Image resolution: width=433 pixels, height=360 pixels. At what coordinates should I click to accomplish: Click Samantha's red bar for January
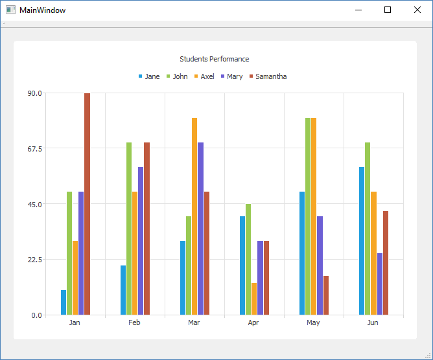tap(87, 204)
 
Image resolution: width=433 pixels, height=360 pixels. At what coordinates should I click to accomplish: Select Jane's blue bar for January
tap(64, 302)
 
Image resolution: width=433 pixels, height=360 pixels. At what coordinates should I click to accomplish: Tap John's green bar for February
tap(129, 229)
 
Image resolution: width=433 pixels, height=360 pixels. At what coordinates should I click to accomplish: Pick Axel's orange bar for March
tap(194, 216)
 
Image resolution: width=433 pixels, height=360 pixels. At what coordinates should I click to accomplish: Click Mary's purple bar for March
tap(200, 229)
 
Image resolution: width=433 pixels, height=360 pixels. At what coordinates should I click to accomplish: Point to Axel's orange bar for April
tap(254, 298)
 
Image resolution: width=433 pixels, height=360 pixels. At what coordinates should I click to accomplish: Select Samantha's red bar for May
tap(326, 295)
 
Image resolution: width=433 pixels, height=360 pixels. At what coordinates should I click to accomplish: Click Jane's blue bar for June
tap(362, 241)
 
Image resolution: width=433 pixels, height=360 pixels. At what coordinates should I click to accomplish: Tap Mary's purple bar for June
tap(380, 284)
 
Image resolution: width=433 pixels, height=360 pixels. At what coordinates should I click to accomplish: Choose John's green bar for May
tap(308, 216)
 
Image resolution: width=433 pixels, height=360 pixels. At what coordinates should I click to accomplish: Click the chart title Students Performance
tap(215, 59)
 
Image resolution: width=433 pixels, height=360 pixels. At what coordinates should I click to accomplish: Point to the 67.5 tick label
tap(34, 148)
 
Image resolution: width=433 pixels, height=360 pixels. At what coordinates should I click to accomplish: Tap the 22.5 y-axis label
tap(34, 260)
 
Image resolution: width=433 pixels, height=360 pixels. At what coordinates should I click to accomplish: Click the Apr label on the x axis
tap(253, 322)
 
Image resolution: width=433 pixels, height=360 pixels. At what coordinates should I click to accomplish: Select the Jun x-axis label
tap(373, 322)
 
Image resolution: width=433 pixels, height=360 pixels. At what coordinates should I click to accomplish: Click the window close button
tap(417, 10)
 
